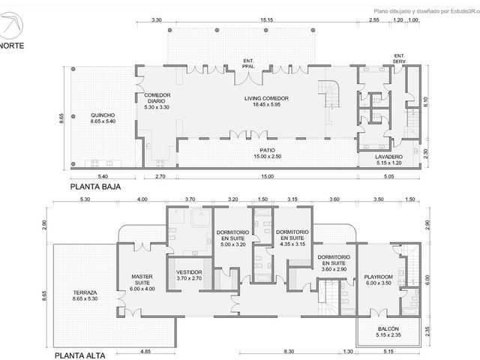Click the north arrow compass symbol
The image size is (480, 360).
click(12, 24)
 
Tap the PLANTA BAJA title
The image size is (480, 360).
click(95, 187)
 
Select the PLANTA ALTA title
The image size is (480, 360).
click(80, 355)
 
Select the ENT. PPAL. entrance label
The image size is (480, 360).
click(248, 63)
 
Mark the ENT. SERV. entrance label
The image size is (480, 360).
click(399, 58)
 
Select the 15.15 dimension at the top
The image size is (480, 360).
click(266, 20)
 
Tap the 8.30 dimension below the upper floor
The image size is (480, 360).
click(289, 352)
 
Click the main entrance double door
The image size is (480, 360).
click(248, 79)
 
